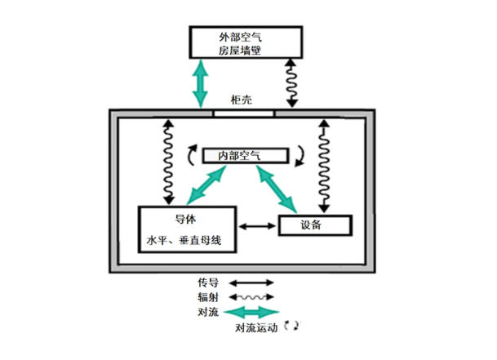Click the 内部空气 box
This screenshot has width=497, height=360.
click(x=246, y=155)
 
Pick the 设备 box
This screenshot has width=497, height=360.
click(x=315, y=225)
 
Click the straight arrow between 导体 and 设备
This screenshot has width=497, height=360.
click(x=257, y=225)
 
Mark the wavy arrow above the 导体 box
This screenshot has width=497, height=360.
click(x=168, y=162)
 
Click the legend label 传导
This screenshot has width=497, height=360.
click(x=207, y=283)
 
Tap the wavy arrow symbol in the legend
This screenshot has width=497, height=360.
click(x=251, y=297)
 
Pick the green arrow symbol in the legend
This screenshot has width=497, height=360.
click(x=251, y=312)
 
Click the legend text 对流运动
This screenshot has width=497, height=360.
click(x=256, y=328)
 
